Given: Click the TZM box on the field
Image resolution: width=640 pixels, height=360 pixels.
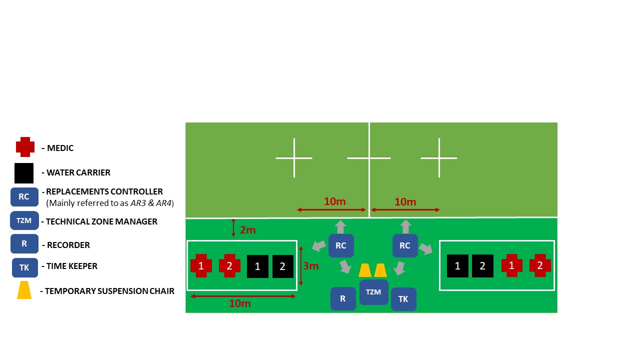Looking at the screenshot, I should click(373, 292).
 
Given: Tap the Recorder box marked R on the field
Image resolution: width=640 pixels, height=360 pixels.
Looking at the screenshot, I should click(343, 298).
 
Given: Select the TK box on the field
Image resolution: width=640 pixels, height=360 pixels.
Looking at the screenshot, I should click(403, 299).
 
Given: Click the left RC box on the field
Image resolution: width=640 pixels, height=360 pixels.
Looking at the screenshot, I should click(341, 245).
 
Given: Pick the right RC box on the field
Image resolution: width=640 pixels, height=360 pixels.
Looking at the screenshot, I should click(405, 245).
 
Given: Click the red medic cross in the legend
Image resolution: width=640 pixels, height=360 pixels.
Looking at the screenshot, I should click(25, 147).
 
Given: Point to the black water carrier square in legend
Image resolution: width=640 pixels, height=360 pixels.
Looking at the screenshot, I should click(24, 173).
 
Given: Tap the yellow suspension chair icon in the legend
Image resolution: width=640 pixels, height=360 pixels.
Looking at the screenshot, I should click(24, 290).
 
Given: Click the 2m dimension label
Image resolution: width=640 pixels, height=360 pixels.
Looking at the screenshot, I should click(247, 230).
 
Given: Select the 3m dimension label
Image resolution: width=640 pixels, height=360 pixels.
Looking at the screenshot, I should click(310, 266).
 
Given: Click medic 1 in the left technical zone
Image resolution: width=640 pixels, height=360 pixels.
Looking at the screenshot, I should click(201, 266).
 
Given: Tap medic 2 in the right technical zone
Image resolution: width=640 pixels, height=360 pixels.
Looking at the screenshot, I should click(540, 265).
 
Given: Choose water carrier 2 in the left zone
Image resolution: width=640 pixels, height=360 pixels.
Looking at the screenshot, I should click(282, 266).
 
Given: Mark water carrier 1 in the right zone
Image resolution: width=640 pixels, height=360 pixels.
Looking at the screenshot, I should click(457, 266).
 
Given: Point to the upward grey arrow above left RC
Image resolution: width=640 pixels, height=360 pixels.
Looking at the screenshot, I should click(340, 226).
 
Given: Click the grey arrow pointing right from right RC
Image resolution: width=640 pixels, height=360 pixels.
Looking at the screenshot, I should click(425, 248).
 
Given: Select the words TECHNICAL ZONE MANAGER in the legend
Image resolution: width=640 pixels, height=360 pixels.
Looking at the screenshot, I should click(101, 221).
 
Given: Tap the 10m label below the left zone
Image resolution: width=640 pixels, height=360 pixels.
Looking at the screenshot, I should click(239, 303).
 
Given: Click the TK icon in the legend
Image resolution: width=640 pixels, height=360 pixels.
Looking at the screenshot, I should click(24, 267).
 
